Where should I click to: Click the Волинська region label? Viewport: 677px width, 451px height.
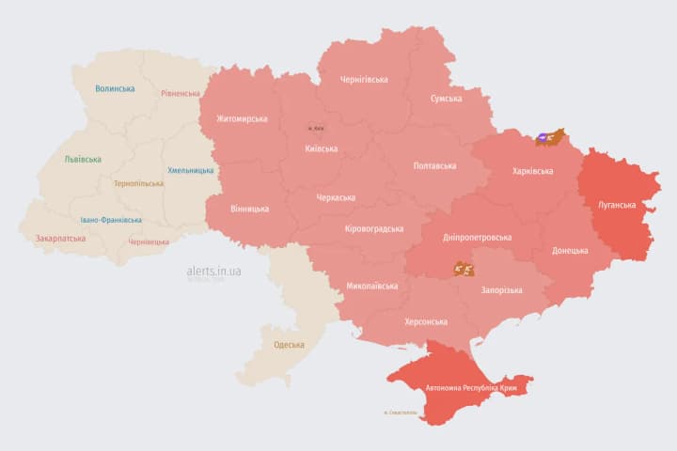(115, 88)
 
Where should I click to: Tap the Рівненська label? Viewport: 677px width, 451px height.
(181, 93)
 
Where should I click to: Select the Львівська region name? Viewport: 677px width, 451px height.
(83, 159)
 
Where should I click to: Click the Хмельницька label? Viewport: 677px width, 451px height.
(190, 170)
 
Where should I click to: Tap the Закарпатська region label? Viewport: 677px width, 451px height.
(61, 238)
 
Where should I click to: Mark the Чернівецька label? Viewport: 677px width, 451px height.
(149, 241)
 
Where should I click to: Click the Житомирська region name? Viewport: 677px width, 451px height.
(242, 118)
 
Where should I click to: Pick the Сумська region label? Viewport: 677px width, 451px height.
(446, 98)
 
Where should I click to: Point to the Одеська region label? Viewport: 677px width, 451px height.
(289, 345)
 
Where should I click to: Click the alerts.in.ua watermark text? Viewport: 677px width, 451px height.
(214, 271)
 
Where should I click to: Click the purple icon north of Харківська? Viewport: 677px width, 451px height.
(544, 138)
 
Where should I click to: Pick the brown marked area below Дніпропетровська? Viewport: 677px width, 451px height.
(464, 268)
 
